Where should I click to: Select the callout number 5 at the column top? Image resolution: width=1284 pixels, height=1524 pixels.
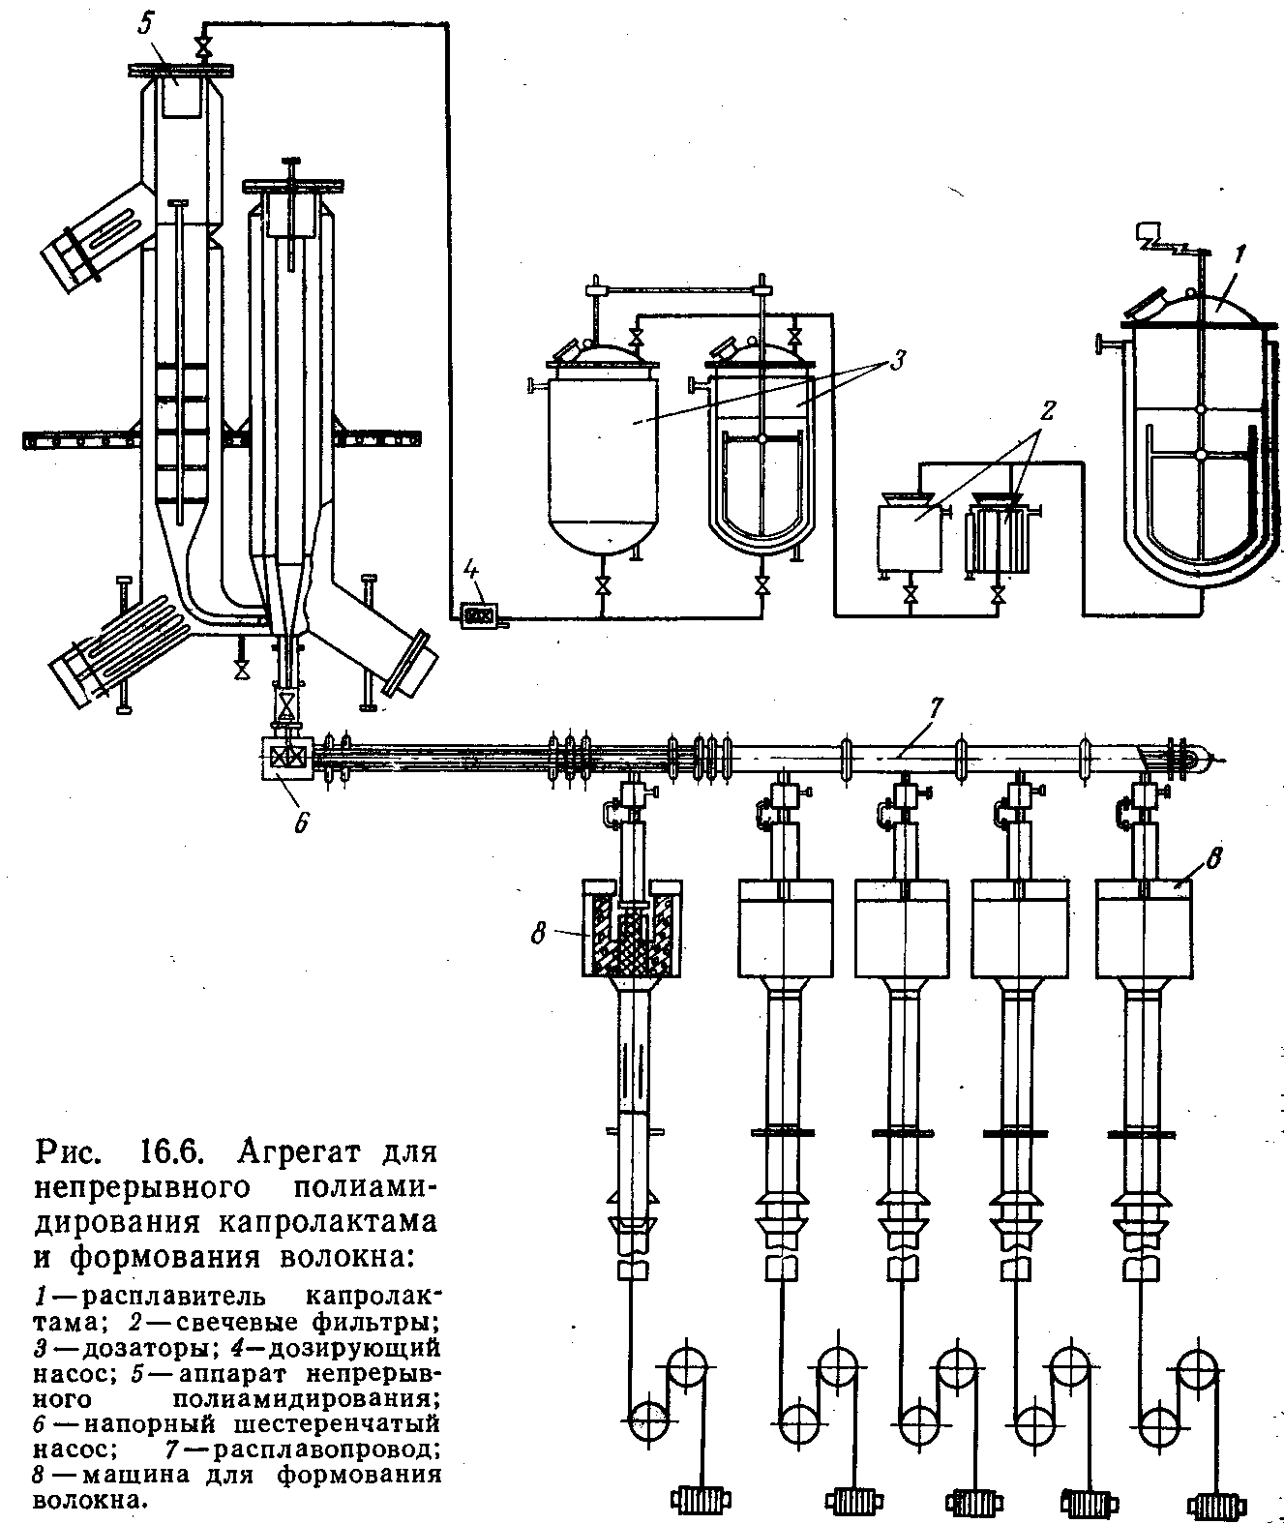[x=145, y=25]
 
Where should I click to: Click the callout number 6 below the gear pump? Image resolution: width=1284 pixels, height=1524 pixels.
[x=301, y=822]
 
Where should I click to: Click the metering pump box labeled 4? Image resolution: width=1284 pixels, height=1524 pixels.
[x=479, y=614]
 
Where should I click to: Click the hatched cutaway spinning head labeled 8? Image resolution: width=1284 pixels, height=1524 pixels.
[x=633, y=929]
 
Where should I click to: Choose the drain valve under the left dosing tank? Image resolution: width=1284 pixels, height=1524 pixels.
[x=602, y=585]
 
